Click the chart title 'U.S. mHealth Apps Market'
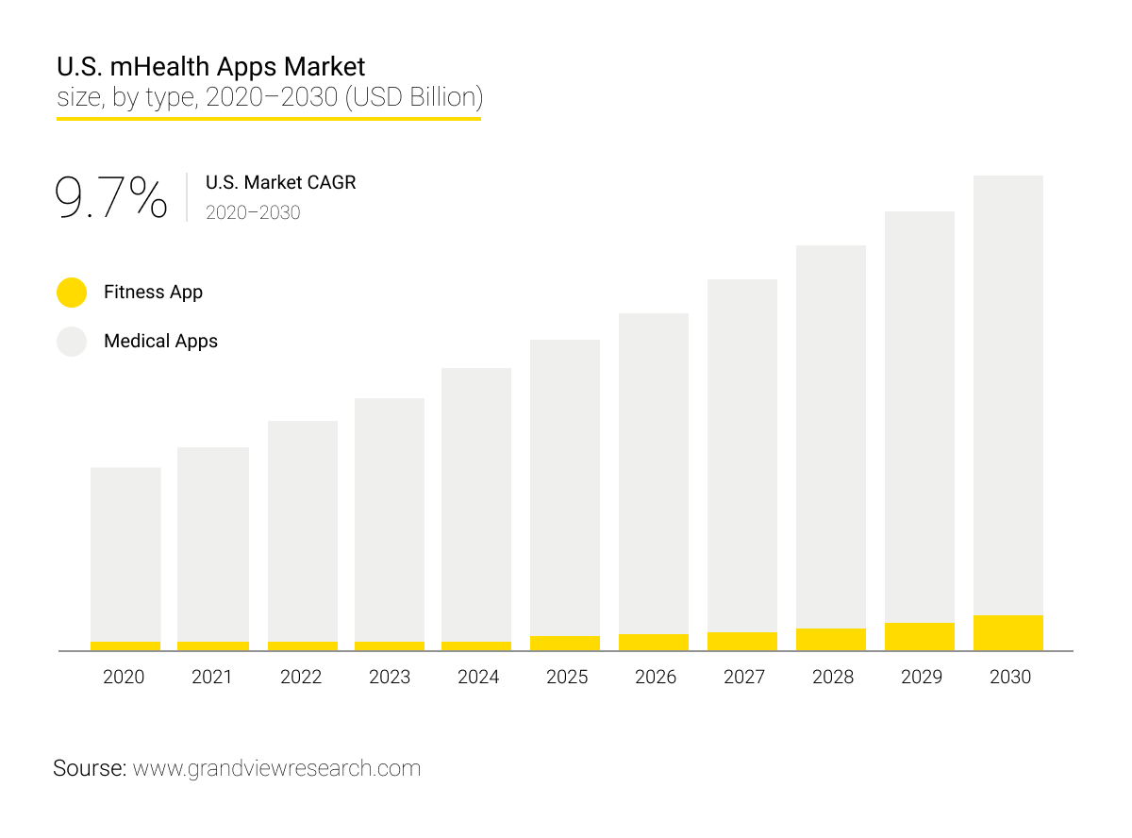(x=210, y=67)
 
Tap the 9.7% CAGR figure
(x=111, y=197)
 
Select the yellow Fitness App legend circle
(x=72, y=293)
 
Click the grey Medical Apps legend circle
(x=72, y=342)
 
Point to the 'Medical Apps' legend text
(x=160, y=342)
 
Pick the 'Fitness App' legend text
(x=153, y=293)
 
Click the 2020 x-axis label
(x=124, y=677)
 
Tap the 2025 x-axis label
(x=567, y=677)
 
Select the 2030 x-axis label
(x=1009, y=677)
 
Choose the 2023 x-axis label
(x=390, y=677)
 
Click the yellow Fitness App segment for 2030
(x=1008, y=633)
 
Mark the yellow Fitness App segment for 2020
(x=125, y=646)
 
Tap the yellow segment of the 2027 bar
(x=742, y=642)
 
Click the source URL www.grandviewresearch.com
(x=276, y=768)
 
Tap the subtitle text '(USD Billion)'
(x=414, y=96)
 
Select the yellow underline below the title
(x=269, y=119)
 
